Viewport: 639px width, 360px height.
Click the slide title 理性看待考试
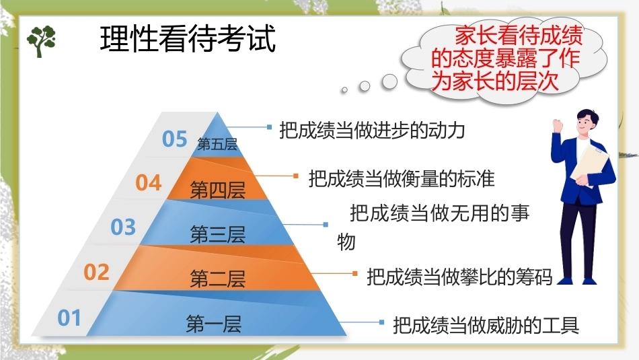[x=188, y=39]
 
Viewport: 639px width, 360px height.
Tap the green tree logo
[x=41, y=41]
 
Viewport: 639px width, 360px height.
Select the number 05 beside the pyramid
[x=174, y=139]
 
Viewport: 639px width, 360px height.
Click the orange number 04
[x=149, y=182]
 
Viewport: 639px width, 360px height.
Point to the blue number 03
[x=123, y=227]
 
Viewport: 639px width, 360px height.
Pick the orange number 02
[x=97, y=273]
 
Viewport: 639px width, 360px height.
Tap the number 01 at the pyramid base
[x=69, y=318]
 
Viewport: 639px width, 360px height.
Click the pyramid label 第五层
[x=217, y=144]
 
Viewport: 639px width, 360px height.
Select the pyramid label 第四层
[x=218, y=190]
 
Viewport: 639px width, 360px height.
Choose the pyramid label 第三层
[x=218, y=234]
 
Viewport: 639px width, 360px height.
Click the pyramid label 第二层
[x=218, y=279]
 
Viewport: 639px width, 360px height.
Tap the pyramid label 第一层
[x=213, y=324]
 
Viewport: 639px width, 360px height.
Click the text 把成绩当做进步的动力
[x=372, y=131]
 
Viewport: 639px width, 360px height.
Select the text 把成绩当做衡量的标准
[x=402, y=178]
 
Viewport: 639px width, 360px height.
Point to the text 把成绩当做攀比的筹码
[x=459, y=277]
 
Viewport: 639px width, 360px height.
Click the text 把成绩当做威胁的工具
[x=486, y=325]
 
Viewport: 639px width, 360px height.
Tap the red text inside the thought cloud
[x=506, y=59]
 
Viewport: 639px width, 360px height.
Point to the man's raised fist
[x=558, y=125]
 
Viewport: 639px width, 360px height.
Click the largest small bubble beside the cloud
[x=389, y=81]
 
